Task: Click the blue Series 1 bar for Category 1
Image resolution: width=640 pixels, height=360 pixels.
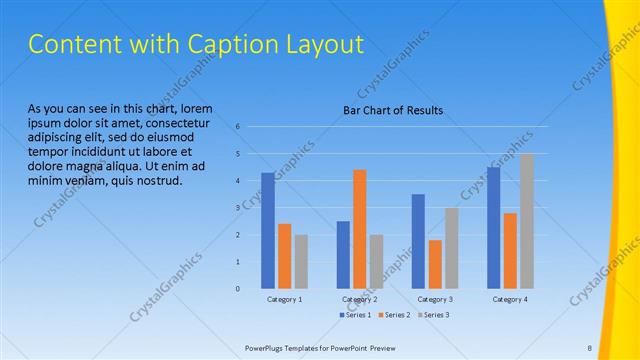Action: pos(268,231)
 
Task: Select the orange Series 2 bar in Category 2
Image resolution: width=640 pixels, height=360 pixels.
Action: pos(360,229)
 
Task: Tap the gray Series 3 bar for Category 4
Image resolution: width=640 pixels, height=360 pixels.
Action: pos(527,221)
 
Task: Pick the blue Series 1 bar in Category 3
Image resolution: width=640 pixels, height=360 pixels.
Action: pos(418,241)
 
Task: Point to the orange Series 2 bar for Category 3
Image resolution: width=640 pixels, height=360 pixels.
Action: pos(435,264)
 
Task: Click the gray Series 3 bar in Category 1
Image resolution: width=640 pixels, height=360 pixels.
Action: pos(302,261)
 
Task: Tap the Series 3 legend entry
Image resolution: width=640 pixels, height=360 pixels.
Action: pos(434,315)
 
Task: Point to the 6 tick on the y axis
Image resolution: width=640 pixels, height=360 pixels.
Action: pos(237,127)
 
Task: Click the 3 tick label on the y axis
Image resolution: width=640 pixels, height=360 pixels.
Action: pos(237,208)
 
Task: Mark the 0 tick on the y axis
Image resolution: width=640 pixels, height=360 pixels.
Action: pos(237,289)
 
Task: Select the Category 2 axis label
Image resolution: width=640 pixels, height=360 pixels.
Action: pos(360,299)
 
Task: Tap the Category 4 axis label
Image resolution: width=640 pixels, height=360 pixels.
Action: pos(510,299)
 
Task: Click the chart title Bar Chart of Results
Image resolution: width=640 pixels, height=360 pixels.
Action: pos(393,110)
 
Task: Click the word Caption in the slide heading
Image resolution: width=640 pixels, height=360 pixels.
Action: pos(196,45)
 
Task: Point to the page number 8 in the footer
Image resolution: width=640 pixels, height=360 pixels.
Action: pos(590,347)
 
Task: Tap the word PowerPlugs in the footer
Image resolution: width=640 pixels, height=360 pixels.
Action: pos(268,347)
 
